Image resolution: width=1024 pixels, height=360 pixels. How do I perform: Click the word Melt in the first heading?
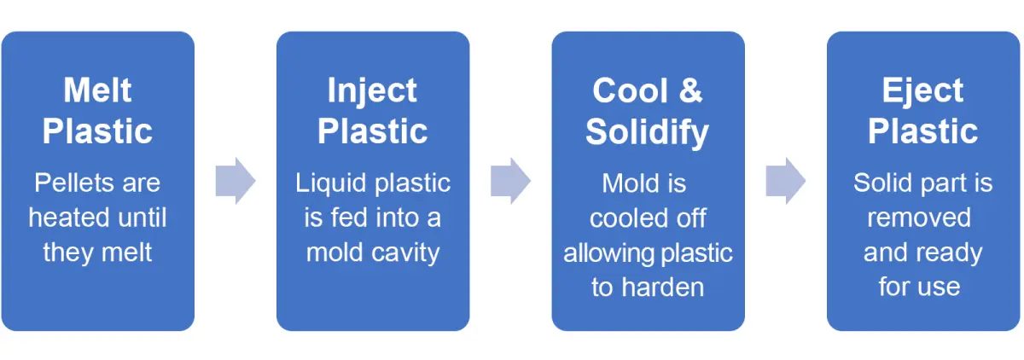coord(97,90)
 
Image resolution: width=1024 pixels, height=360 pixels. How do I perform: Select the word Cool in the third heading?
coord(630,90)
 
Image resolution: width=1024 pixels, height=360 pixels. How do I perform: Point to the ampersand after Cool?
coord(690,90)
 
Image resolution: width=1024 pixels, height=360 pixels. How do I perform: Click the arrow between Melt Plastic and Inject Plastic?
coord(236,181)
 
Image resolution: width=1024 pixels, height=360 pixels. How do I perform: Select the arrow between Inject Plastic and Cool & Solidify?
coord(510,181)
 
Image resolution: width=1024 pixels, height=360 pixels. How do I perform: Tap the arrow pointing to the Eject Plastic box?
coord(786,181)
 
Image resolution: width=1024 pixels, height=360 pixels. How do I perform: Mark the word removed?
coord(919,218)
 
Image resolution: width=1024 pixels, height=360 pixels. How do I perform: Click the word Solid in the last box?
coord(883,183)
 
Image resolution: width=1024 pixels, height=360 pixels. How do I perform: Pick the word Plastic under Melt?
coord(97,131)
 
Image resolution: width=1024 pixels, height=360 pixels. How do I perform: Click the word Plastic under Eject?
coord(922,131)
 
